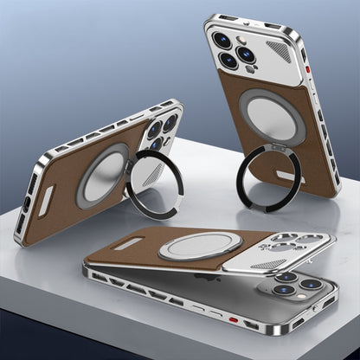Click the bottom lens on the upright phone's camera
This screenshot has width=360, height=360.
229,61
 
